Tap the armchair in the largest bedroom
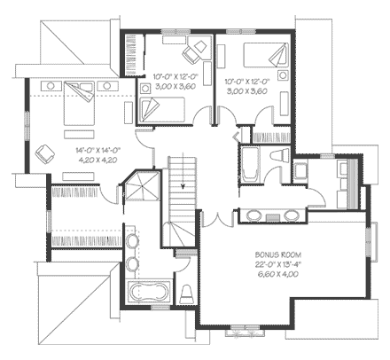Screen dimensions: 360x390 pos(43,153)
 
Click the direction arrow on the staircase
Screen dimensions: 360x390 pos(181,187)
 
